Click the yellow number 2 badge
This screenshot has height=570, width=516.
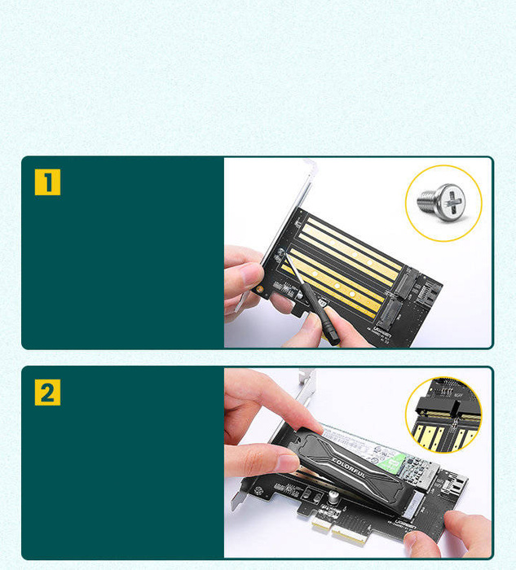pyautogui.click(x=47, y=392)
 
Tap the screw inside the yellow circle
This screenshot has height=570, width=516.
pyautogui.click(x=441, y=201)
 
